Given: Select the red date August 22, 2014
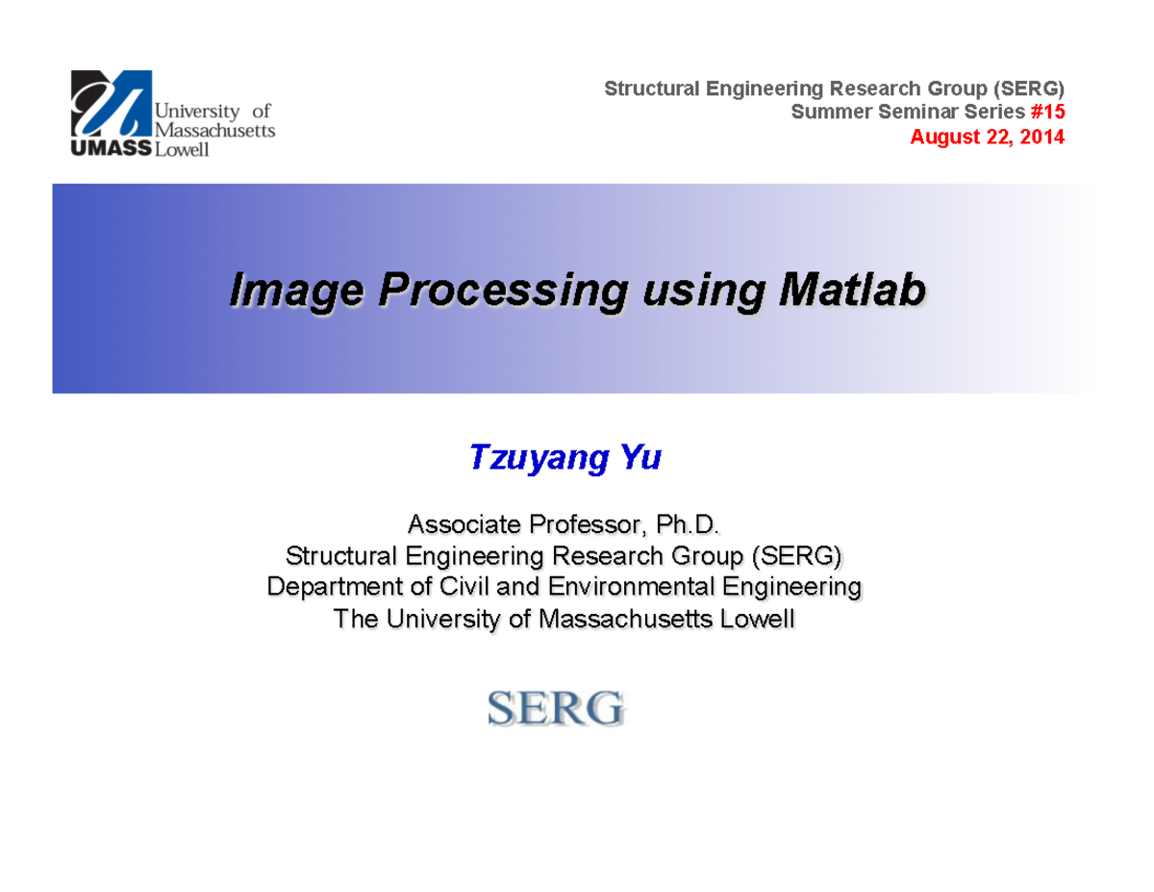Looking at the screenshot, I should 988,137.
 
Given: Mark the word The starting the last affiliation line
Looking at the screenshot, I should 355,619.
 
